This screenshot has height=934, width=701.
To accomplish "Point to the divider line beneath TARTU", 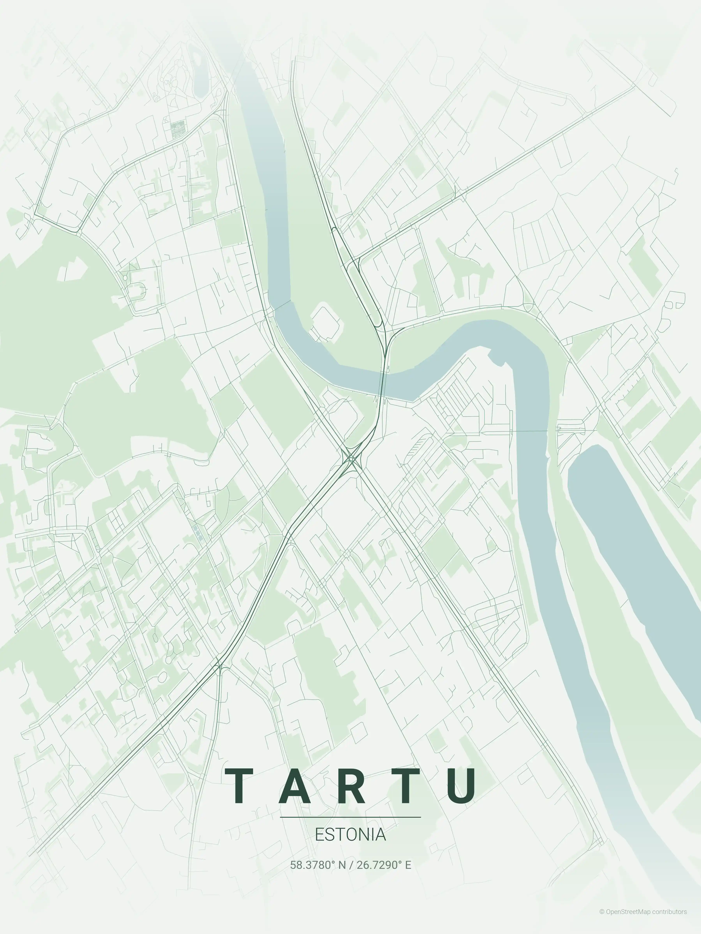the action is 350,817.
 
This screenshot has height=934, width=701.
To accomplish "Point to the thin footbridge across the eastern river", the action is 530,431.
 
